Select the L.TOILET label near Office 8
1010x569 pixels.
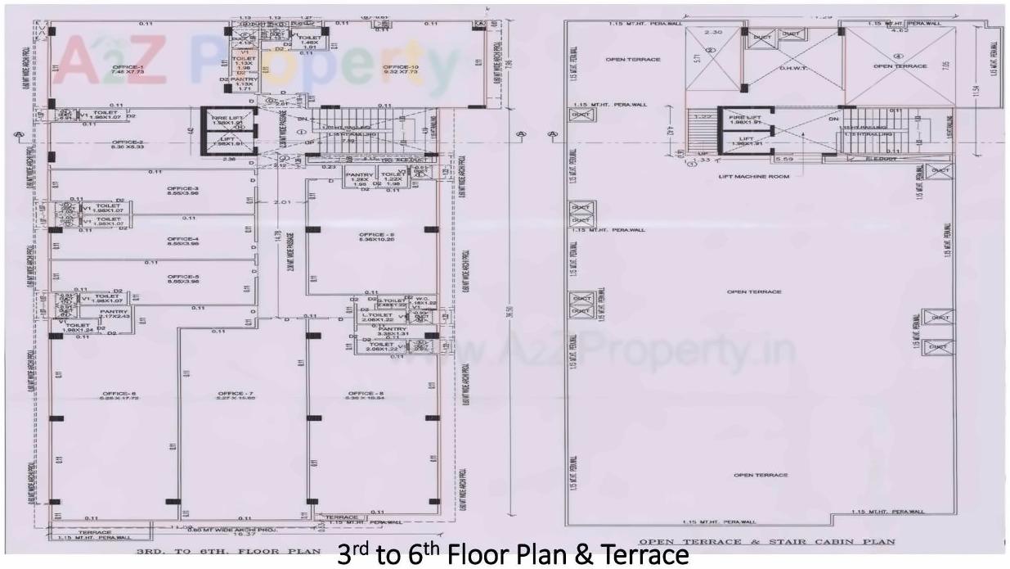click(x=379, y=316)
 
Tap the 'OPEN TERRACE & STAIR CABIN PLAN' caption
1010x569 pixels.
click(x=767, y=542)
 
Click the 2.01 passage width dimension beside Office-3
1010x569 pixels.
click(x=283, y=201)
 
